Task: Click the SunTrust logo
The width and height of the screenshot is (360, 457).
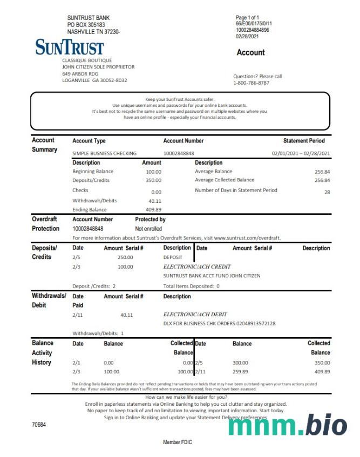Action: point(70,47)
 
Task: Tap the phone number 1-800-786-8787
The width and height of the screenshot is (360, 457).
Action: point(251,83)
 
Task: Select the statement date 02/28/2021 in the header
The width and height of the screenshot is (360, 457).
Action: point(247,37)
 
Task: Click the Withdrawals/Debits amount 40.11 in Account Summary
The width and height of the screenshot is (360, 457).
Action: point(155,201)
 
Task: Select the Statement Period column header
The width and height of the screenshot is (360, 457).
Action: point(304,141)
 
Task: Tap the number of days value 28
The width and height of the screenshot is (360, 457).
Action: point(327,192)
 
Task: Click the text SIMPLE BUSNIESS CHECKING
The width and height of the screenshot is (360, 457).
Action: point(105,153)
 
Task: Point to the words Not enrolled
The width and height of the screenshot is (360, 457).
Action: point(148,229)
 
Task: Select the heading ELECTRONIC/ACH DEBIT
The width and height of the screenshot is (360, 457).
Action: point(195,314)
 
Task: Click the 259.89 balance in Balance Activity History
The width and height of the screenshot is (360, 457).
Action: point(240,372)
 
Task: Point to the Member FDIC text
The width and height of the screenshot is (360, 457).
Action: point(177,442)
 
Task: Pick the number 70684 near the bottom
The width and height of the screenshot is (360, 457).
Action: point(39,425)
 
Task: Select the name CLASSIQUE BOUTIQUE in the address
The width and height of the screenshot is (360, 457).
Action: point(87,60)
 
